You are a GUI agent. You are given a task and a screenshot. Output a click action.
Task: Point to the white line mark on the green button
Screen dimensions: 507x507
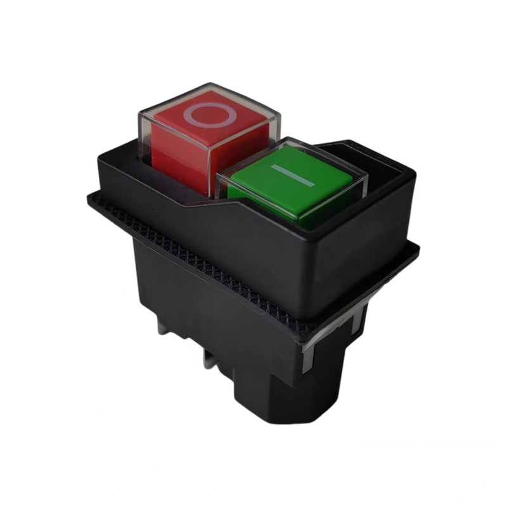(x=292, y=176)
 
